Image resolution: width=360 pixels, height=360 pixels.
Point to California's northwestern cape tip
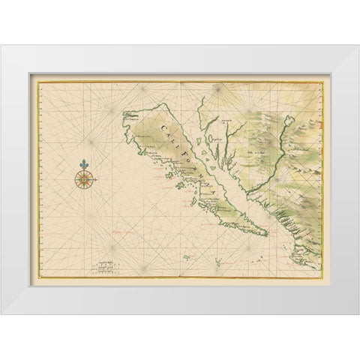[124, 115]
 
